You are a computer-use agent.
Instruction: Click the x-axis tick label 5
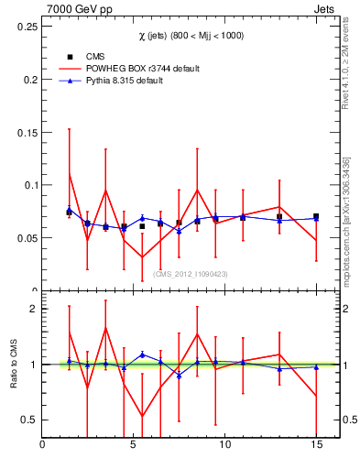coord(134,445)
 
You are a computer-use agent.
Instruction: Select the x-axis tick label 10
coord(224,445)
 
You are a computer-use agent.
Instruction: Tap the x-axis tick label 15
coord(315,445)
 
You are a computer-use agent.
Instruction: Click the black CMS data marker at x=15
coord(316,217)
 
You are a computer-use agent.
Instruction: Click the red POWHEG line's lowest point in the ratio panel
coord(142,416)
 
